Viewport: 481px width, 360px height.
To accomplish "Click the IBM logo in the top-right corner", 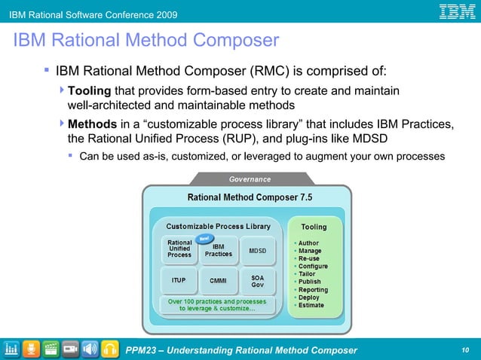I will (458, 13).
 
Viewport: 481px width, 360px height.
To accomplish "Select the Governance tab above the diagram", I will (250, 179).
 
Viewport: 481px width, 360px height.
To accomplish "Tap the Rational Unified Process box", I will (179, 249).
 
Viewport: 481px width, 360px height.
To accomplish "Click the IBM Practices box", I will (219, 250).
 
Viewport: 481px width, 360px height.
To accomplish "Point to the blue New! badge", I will (203, 238).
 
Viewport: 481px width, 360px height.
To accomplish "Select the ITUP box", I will (179, 281).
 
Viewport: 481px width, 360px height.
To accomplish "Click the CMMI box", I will (218, 281).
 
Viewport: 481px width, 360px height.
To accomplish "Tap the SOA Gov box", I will (257, 281).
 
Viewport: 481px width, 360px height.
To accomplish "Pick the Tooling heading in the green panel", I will (314, 227).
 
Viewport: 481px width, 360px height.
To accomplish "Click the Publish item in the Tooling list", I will (310, 282).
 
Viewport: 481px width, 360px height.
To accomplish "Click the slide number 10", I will (464, 350).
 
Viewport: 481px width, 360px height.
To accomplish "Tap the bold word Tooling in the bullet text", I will (89, 91).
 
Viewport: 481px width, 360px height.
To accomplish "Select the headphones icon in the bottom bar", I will (110, 349).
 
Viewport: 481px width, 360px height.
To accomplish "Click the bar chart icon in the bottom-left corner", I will (12, 349).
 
